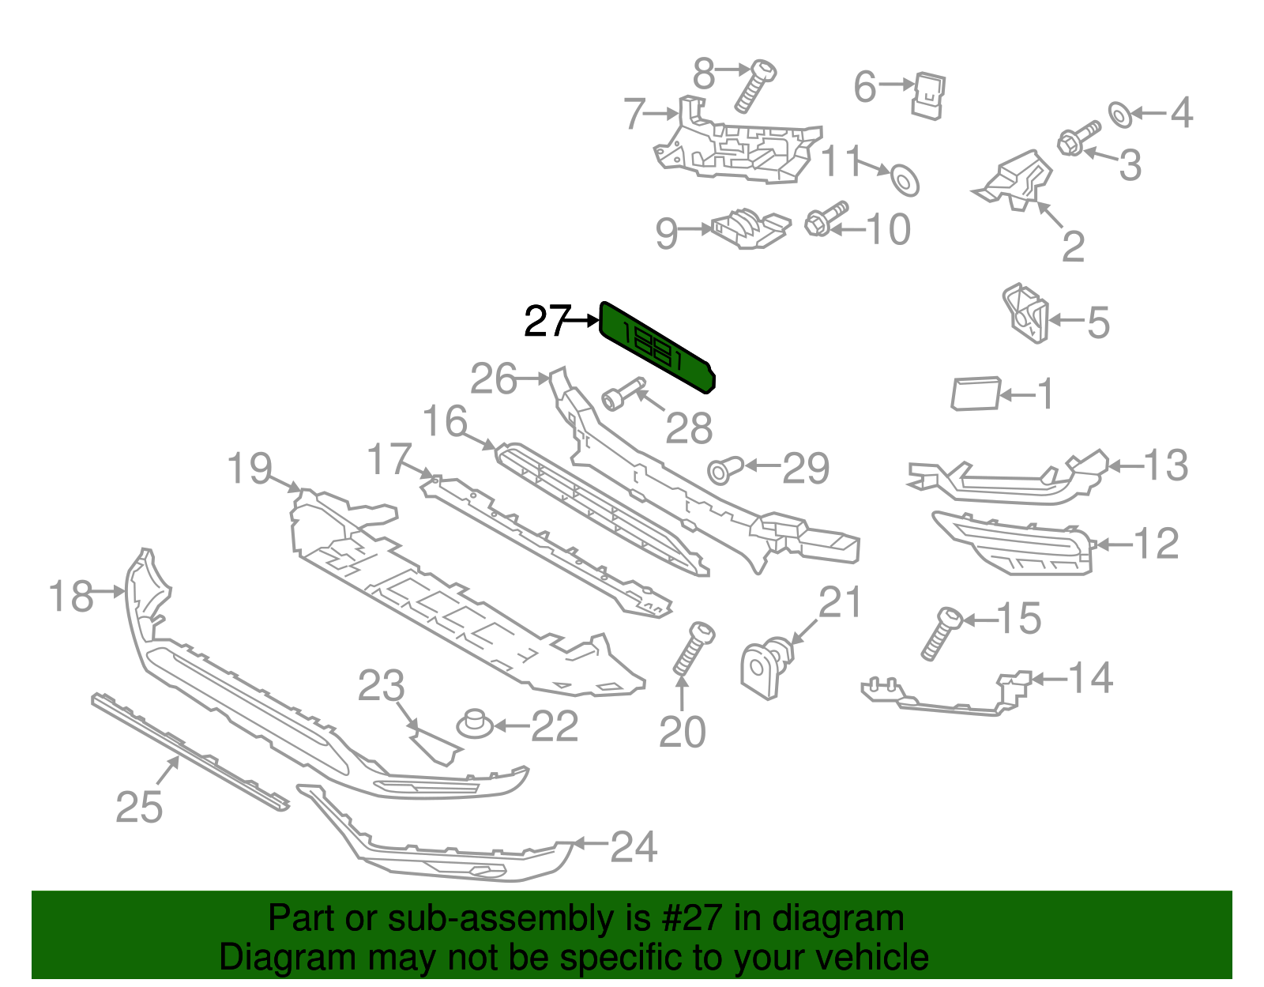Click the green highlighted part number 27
(x=656, y=346)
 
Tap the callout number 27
(x=547, y=321)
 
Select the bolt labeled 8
(x=754, y=85)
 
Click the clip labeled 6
(x=930, y=96)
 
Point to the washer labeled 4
(x=1119, y=115)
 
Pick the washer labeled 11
(x=905, y=179)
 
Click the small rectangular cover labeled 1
(x=975, y=394)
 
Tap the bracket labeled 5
(x=1025, y=313)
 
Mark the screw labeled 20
(x=693, y=648)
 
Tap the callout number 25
(x=139, y=807)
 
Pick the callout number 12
(x=1156, y=543)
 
